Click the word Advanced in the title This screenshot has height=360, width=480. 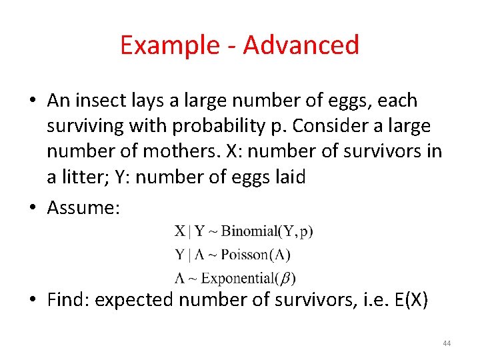pos(301,45)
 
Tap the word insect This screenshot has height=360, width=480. pos(104,101)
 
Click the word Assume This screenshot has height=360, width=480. pos(83,208)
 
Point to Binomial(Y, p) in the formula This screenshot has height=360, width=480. pos(267,232)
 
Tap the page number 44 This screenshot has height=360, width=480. pos(447,343)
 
